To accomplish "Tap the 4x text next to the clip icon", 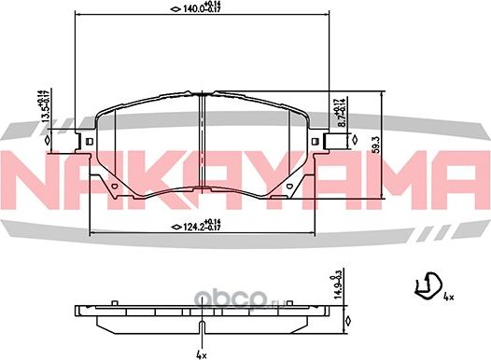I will [x=448, y=298].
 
